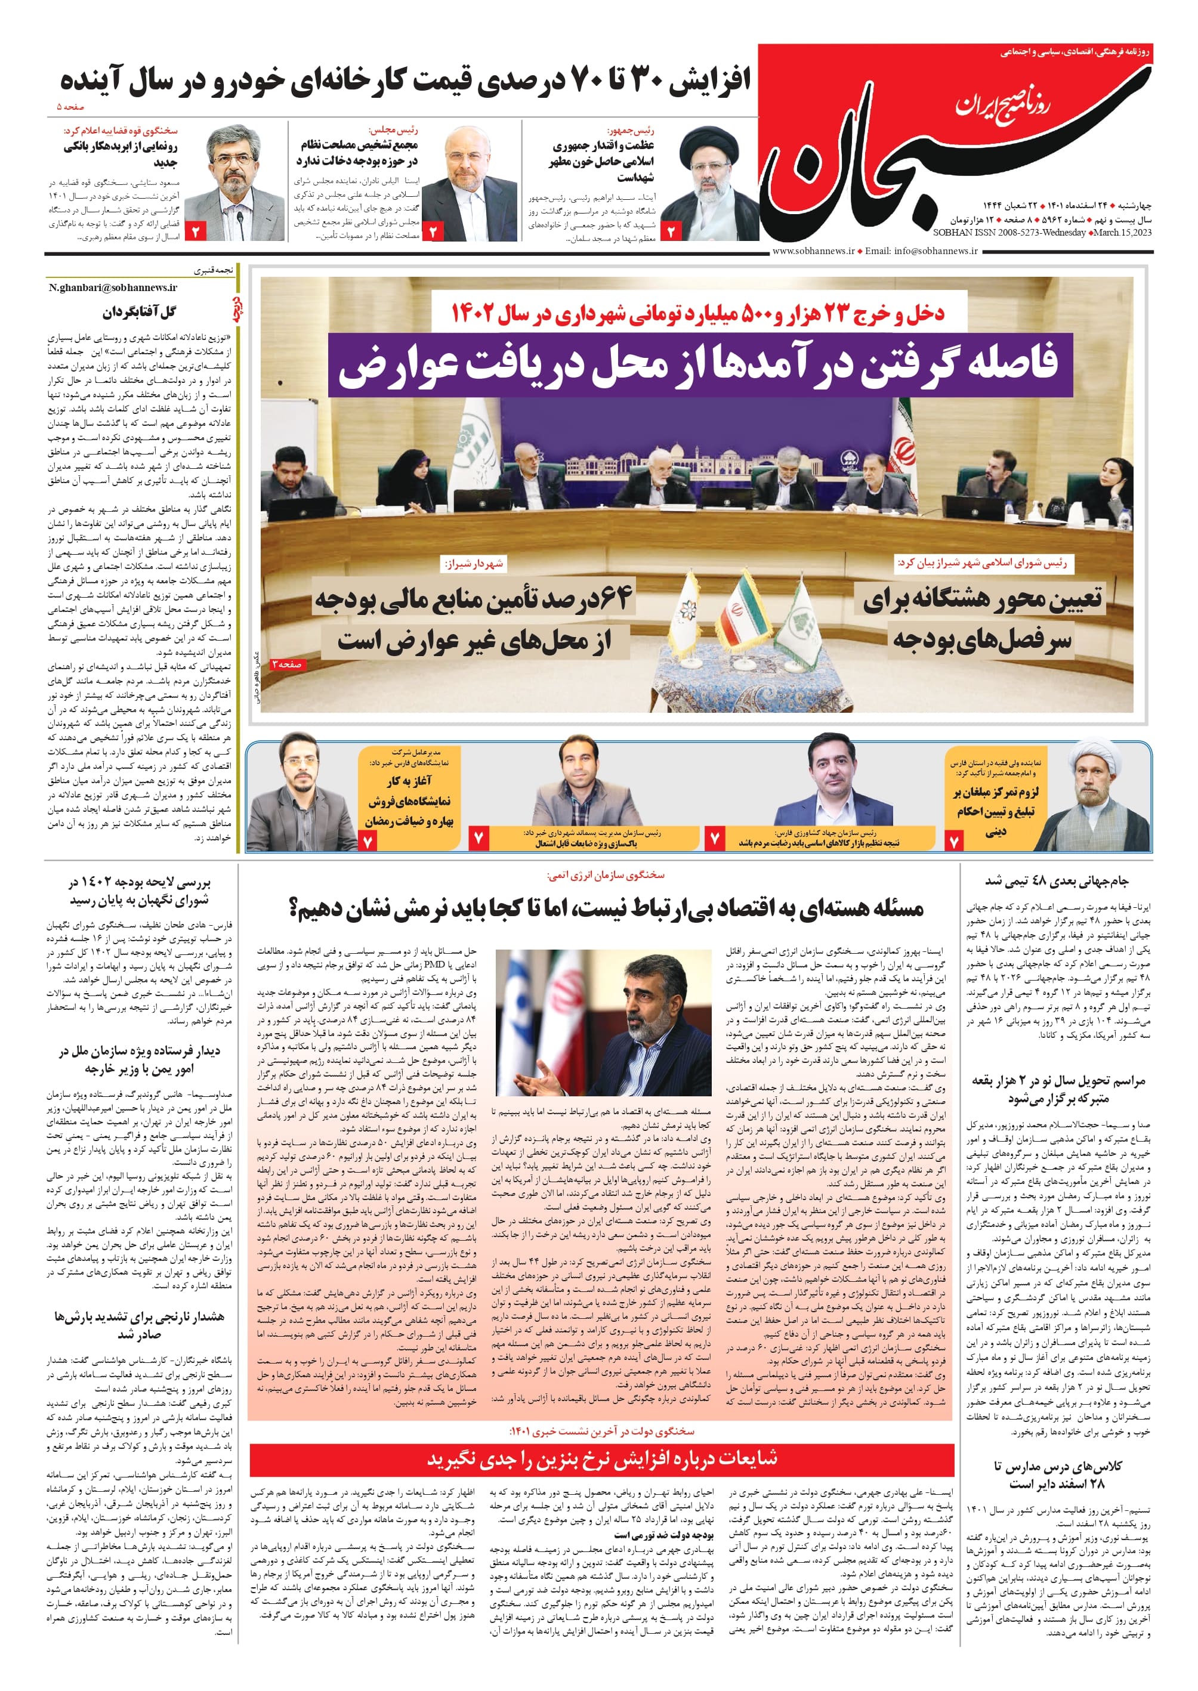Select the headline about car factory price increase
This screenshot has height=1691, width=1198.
(x=406, y=80)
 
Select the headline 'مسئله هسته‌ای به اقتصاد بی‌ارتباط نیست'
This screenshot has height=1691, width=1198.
(x=606, y=907)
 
